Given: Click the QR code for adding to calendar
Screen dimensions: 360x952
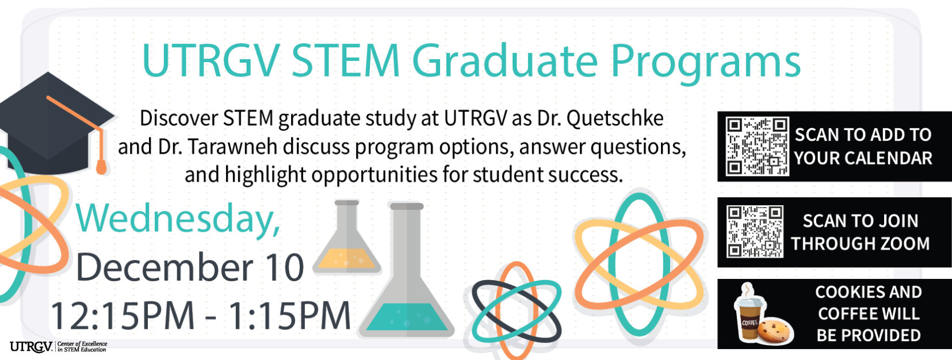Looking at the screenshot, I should [756, 146].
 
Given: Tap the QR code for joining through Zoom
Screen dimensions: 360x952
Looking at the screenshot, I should [755, 232].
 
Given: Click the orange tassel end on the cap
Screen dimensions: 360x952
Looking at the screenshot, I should [101, 167].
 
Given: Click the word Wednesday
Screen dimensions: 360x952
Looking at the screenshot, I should [178, 219].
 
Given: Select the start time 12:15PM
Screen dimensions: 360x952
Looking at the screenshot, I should [123, 316].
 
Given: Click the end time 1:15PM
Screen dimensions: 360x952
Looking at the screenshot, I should [289, 316].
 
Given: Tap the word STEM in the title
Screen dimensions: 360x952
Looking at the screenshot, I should [345, 60].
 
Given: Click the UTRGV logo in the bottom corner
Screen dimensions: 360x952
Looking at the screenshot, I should [32, 346].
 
